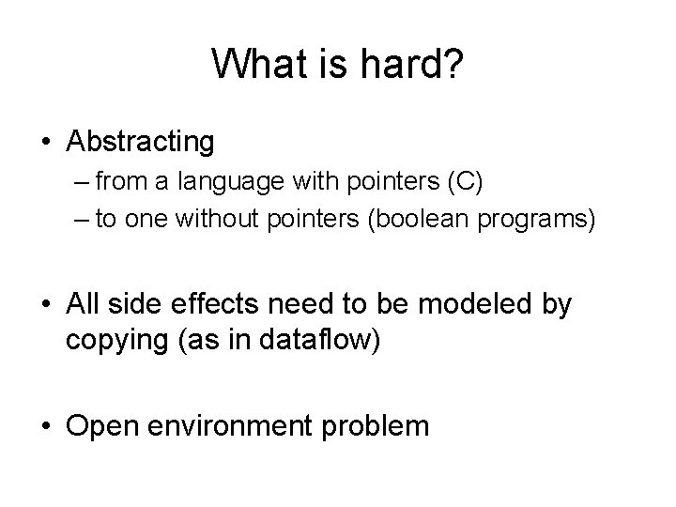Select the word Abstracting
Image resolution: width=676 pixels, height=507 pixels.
click(x=140, y=142)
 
